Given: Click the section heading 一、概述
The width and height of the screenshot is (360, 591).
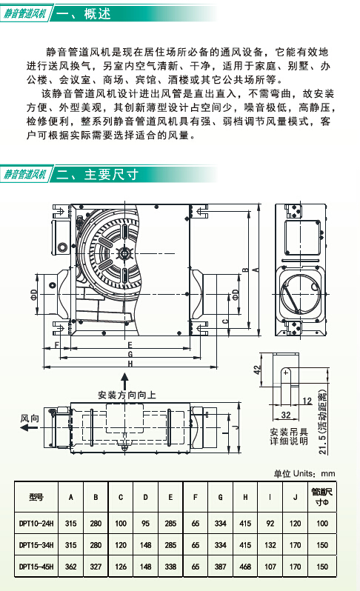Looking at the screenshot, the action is point(84,13).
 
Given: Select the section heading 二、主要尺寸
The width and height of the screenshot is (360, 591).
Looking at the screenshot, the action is point(97,175).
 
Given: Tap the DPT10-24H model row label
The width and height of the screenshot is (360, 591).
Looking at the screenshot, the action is point(36,523).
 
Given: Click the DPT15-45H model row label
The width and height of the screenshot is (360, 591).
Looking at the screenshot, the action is point(36,567).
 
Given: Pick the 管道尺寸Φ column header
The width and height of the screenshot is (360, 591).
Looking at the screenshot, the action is point(322,497).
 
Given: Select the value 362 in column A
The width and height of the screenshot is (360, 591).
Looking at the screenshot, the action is point(70,567).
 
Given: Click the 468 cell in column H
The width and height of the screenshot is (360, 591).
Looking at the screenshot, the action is point(245,567).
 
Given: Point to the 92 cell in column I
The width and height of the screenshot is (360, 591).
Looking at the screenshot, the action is point(270,523).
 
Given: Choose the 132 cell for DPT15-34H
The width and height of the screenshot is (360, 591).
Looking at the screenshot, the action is point(270,545).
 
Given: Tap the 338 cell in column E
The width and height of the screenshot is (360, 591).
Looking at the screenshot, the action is point(170,567).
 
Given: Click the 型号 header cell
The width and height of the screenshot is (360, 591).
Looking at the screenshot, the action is point(36,497).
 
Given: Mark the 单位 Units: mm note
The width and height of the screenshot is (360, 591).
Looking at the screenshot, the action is point(304,473).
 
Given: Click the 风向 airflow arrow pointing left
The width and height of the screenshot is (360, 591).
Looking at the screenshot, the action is point(29,428).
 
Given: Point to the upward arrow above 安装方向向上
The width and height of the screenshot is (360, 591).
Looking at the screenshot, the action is point(124,381).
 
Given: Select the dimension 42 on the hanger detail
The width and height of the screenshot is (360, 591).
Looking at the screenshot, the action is point(258,370).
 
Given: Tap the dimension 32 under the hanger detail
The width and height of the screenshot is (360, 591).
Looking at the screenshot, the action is point(286,415).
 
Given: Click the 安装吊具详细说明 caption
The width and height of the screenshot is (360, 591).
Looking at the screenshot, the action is point(289,436).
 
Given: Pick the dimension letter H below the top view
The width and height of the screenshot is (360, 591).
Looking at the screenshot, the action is point(130,364).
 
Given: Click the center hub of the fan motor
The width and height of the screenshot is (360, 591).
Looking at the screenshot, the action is point(124,253).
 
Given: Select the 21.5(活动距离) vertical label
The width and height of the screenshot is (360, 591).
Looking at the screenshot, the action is point(323,421).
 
